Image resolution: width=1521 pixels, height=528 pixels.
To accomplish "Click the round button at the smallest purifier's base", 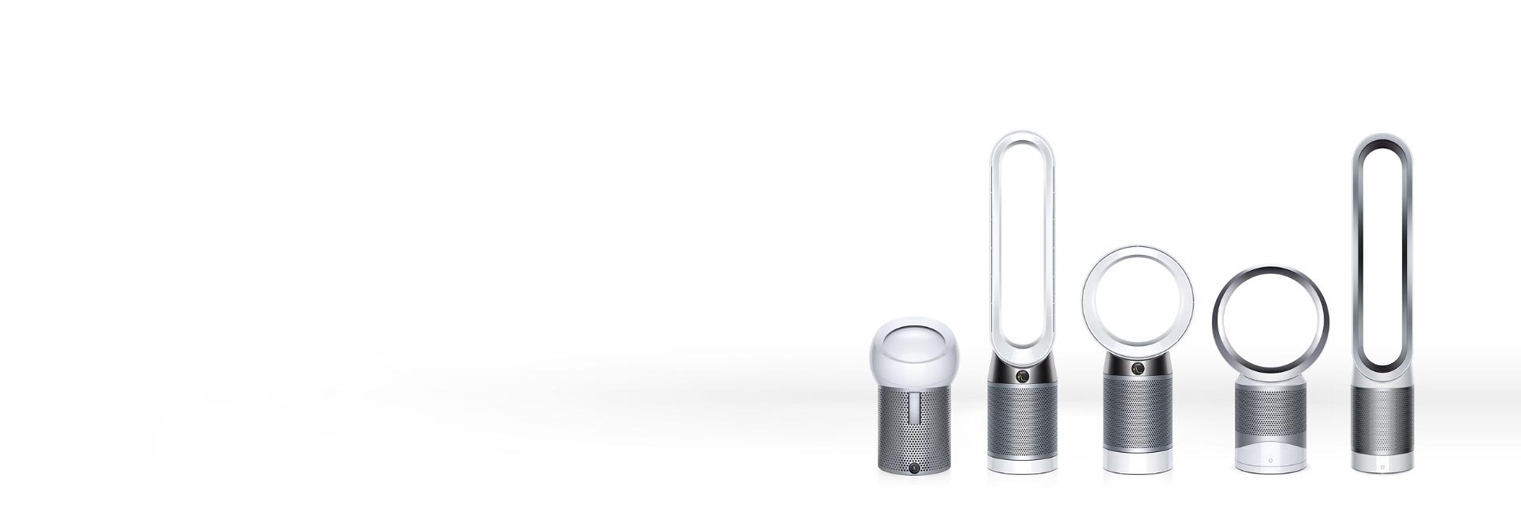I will pyautogui.click(x=915, y=468).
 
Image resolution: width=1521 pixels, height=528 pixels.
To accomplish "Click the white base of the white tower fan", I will pyautogui.click(x=1022, y=465).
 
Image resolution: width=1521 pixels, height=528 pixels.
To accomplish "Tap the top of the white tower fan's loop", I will pyautogui.click(x=1022, y=136).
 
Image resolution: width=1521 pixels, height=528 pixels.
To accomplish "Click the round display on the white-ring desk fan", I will pyautogui.click(x=1138, y=368).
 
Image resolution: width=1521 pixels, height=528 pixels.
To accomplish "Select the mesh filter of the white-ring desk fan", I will pyautogui.click(x=1138, y=416).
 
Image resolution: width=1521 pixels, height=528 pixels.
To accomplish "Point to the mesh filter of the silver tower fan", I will pyautogui.click(x=1382, y=420).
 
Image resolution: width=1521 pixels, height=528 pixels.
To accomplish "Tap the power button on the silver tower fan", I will pyautogui.click(x=1382, y=467).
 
